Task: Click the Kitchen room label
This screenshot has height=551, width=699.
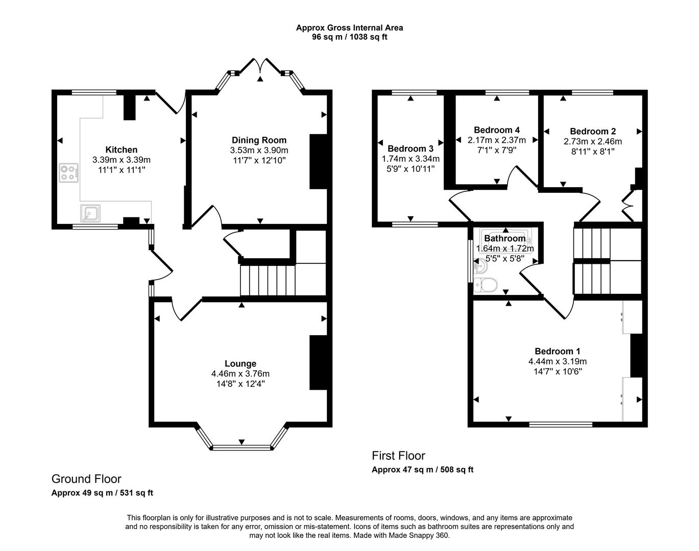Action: [x=121, y=149]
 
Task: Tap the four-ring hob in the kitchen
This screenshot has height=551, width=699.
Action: [x=69, y=172]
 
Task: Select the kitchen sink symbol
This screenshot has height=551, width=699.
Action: [x=90, y=213]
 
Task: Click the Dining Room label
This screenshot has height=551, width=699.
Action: [x=259, y=140]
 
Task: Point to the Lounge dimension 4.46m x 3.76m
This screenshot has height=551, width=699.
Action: [x=240, y=373]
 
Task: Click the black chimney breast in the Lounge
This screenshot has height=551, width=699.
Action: [x=318, y=363]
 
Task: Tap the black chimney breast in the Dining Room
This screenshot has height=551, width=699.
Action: [x=318, y=162]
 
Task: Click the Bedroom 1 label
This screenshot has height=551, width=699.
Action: [x=557, y=351]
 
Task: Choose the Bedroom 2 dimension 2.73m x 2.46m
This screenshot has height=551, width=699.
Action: [x=592, y=141]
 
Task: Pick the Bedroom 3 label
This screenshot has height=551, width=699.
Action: [x=411, y=148]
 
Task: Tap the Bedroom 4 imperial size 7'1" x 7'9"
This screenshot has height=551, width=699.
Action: [x=496, y=150]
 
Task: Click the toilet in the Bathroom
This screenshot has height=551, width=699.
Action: [x=486, y=286]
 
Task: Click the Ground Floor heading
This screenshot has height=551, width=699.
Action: [x=86, y=479]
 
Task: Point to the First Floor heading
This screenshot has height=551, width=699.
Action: [x=398, y=456]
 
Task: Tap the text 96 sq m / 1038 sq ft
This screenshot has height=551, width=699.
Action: [x=349, y=37]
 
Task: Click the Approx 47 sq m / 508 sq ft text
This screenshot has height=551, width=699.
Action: [x=422, y=469]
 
